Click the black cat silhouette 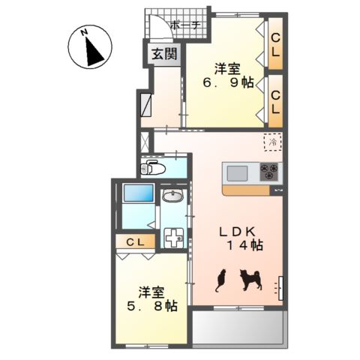(220, 280)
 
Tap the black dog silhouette (250, 280)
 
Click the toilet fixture (153, 169)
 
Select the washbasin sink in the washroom (172, 195)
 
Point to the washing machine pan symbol (174, 238)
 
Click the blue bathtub (139, 193)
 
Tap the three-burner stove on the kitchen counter (268, 172)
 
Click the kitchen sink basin (237, 173)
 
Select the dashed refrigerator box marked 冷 (273, 142)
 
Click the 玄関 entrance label (164, 53)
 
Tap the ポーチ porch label (185, 25)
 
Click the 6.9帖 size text (228, 83)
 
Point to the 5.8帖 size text (152, 306)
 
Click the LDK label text (237, 232)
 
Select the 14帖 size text (244, 245)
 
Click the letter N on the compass (84, 32)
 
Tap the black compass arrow (94, 52)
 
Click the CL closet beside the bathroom (135, 241)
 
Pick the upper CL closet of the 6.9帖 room (275, 44)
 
